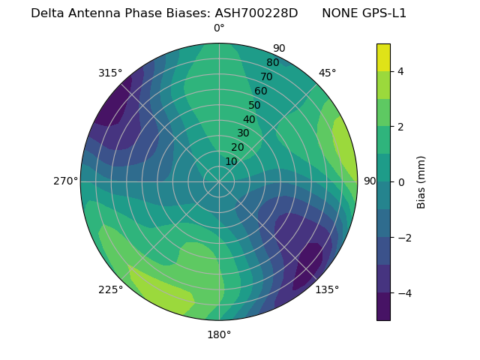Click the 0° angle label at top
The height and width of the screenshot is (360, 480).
click(219, 28)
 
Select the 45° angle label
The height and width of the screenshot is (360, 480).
click(327, 73)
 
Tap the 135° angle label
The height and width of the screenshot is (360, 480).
click(327, 289)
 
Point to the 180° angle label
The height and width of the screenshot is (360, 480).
click(219, 334)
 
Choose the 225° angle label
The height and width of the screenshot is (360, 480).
click(110, 289)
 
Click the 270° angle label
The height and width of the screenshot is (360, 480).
click(66, 181)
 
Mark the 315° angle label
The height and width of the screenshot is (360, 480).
click(110, 73)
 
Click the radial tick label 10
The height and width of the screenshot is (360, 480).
click(231, 161)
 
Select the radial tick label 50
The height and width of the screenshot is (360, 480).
click(255, 105)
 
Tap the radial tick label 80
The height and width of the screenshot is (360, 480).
click(272, 62)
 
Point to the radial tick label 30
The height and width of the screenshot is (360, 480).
click(243, 133)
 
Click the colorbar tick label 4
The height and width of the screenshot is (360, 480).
click(400, 71)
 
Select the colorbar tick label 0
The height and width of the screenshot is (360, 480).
click(400, 181)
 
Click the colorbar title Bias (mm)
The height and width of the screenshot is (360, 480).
click(421, 181)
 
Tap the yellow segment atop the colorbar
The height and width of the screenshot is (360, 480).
click(383, 57)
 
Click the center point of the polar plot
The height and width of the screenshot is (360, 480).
click(219, 181)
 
